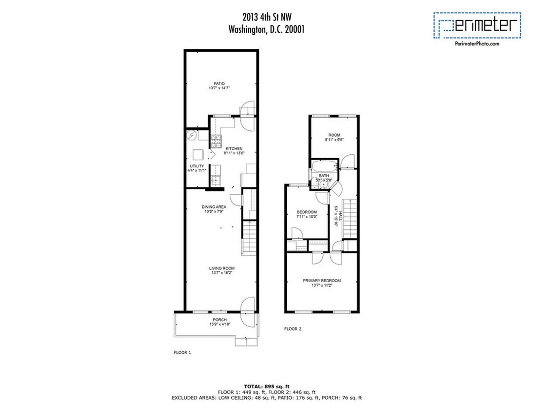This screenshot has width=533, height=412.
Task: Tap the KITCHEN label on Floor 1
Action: click(x=234, y=148)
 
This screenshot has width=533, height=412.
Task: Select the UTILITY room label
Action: click(x=197, y=166)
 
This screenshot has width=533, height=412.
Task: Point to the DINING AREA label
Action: click(x=214, y=206)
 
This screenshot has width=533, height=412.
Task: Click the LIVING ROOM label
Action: click(x=222, y=268)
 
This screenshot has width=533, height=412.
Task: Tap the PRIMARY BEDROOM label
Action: click(x=321, y=281)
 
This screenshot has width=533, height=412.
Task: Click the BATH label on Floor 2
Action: click(x=324, y=175)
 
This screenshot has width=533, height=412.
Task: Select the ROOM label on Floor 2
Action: click(x=334, y=135)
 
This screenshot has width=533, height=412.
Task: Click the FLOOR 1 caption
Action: click(x=182, y=351)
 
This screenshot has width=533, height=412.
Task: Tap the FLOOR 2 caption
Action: click(x=293, y=329)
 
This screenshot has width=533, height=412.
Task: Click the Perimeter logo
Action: click(x=477, y=25)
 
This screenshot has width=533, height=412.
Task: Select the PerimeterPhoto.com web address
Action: click(x=477, y=44)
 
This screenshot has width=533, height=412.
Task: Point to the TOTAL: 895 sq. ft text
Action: click(x=266, y=386)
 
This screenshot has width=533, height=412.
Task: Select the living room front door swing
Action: click(x=247, y=304)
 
